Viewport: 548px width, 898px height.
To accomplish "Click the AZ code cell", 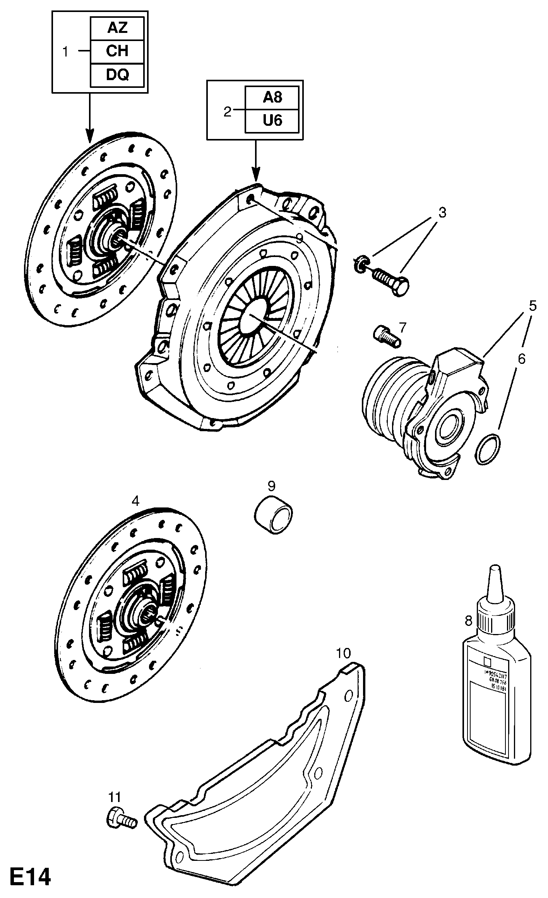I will click(117, 28).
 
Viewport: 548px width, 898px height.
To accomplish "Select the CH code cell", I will click(117, 51).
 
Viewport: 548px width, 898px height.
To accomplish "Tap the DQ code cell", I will click(117, 75).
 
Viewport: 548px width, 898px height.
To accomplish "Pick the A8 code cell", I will click(272, 98).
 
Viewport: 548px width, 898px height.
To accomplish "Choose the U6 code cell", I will click(272, 121).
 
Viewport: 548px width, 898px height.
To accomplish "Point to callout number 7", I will click(403, 327).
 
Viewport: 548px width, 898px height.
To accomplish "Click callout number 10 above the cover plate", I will click(343, 653).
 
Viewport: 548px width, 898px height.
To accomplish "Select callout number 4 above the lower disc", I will click(135, 501).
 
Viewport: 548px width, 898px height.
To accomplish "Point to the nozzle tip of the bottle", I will click(494, 570).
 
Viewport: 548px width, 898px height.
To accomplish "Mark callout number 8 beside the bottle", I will click(468, 622).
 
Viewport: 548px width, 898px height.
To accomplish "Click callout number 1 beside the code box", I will click(66, 51).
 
